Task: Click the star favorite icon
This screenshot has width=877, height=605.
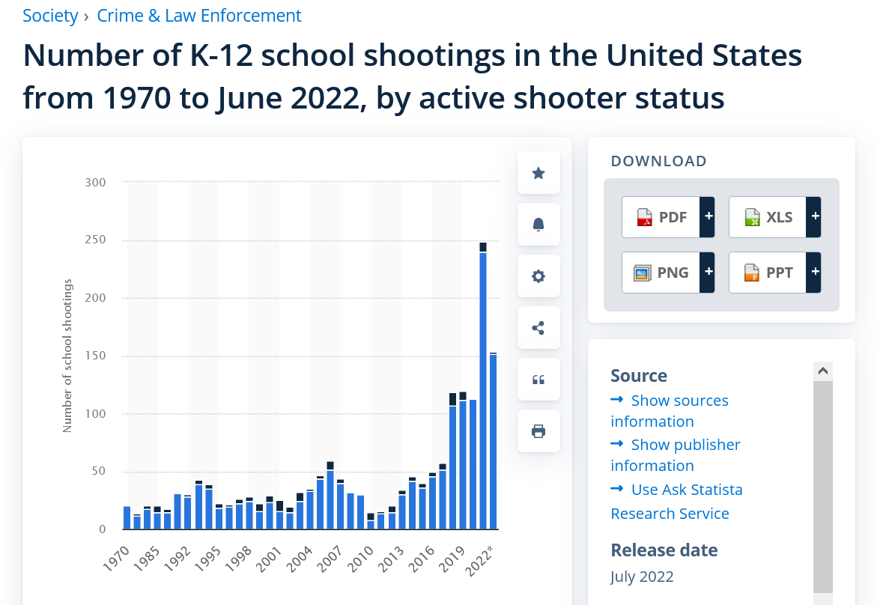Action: pyautogui.click(x=538, y=173)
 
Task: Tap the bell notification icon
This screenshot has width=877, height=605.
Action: pyautogui.click(x=538, y=225)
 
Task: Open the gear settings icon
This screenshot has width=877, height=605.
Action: pyautogui.click(x=538, y=276)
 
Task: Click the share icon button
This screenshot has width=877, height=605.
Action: pyautogui.click(x=538, y=328)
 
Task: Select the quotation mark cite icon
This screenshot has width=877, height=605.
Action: pyautogui.click(x=538, y=380)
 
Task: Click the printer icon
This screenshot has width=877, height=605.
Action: pyautogui.click(x=538, y=431)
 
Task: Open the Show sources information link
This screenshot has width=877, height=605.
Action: pyautogui.click(x=679, y=401)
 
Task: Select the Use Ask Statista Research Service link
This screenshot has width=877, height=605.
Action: pyautogui.click(x=686, y=490)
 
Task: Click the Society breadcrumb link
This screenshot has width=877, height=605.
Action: pyautogui.click(x=50, y=16)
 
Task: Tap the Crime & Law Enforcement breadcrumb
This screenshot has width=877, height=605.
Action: pyautogui.click(x=199, y=16)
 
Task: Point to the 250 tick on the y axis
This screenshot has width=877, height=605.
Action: pyautogui.click(x=94, y=240)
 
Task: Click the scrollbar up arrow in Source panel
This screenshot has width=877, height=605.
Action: pyautogui.click(x=822, y=371)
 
